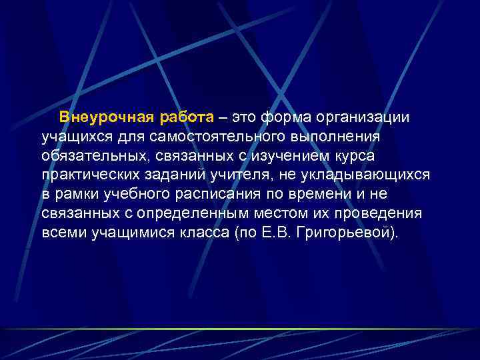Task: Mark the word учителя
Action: pos(240,175)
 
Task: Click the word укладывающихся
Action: pos(361,175)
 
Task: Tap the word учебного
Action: pos(135,195)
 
